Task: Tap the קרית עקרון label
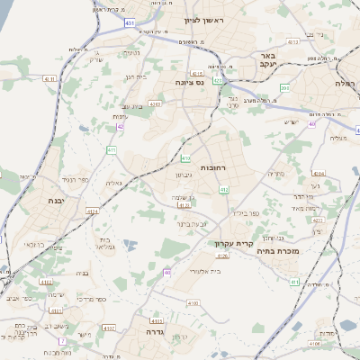(232, 243)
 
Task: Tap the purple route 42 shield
(121, 127)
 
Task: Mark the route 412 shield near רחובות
(224, 189)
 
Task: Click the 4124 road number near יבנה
(92, 212)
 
